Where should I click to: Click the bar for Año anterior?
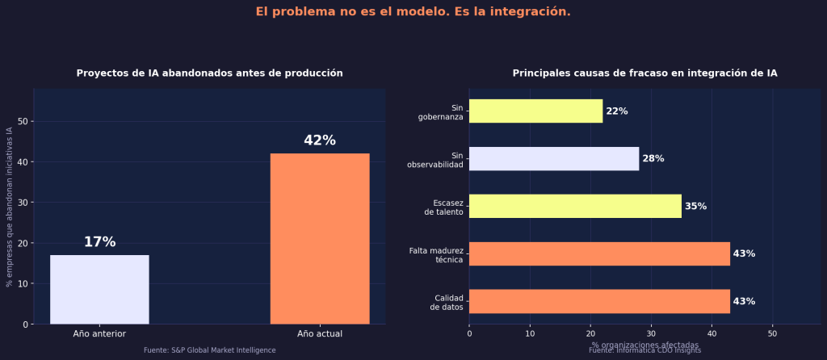coord(99,290)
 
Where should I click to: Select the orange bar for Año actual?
coord(320,239)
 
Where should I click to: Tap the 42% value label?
coord(320,140)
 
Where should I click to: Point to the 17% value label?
coord(99,242)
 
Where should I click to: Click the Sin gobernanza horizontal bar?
coord(535,111)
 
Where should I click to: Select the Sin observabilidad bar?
coord(553,159)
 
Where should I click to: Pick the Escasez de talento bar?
coord(575,206)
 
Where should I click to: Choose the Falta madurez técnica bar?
coord(599,253)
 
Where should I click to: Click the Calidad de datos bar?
coord(599,301)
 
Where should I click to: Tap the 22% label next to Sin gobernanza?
coord(617,111)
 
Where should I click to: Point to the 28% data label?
coord(653,159)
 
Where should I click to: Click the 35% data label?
coord(695,207)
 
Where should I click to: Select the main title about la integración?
coord(413,11)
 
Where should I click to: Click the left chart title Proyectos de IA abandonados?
coord(209,73)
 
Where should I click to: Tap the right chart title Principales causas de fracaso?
coord(644,73)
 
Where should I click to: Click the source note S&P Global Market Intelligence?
coord(209,350)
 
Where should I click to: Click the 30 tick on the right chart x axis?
coord(651,333)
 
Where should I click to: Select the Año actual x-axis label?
coord(320,333)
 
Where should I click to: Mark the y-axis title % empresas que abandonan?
coord(9,207)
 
